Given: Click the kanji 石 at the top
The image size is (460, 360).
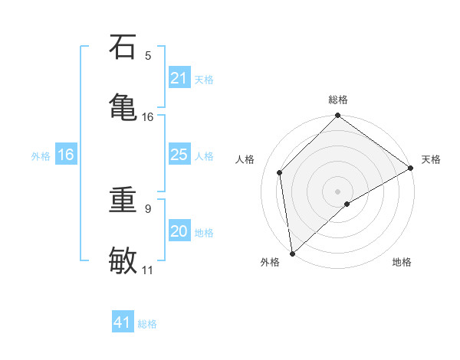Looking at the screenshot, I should [123, 47].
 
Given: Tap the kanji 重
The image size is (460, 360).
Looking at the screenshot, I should [123, 201].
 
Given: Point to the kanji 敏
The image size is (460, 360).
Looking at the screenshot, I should [123, 259].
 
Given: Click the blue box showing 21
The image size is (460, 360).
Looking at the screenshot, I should [179, 78].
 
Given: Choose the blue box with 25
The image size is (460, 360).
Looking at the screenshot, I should [179, 155].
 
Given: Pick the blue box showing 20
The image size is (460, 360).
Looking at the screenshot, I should [179, 231].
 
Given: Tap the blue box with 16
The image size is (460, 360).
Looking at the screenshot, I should [66, 155].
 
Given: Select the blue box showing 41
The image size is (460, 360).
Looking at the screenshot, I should [123, 322].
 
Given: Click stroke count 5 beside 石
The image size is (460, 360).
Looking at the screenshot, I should [148, 55].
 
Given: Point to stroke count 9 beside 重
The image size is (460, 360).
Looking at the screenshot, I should [148, 208].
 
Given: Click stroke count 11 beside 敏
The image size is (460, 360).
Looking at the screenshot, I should [148, 270].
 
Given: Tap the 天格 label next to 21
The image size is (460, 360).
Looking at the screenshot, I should [204, 79].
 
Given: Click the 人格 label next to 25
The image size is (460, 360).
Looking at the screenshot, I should [204, 155].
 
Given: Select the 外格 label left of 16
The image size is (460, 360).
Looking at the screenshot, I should [41, 155].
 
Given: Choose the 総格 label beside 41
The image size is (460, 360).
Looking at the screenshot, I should [147, 323].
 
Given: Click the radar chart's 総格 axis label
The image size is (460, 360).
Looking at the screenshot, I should [338, 100].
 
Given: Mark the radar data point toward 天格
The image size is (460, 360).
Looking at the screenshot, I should [411, 169].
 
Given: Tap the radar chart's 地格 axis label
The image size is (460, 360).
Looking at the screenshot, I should [402, 263].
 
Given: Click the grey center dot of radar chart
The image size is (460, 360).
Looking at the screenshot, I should [338, 191].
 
